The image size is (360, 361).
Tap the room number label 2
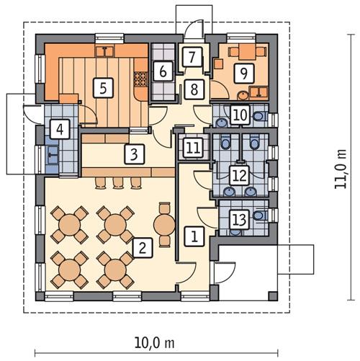tap(143, 249)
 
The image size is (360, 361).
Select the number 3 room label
tap(133, 153)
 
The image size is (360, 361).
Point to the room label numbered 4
tap(60, 130)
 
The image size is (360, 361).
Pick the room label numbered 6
tap(163, 71)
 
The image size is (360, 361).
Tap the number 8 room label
tap(193, 89)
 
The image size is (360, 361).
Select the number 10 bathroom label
tap(240, 114)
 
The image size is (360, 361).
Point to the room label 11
tap(192, 148)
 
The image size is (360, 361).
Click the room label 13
tap(239, 220)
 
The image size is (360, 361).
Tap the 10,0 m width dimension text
tap(157, 341)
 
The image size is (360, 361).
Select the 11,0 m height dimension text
tap(341, 171)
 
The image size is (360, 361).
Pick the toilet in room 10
tap(258, 115)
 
